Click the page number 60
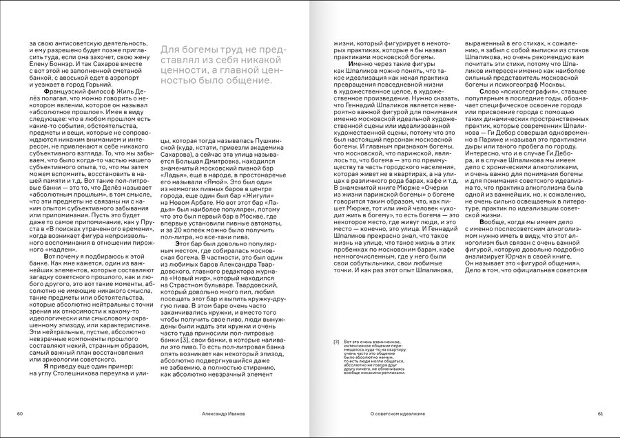coord(21,413)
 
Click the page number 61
coord(600,413)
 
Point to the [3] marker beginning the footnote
coord(336,342)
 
